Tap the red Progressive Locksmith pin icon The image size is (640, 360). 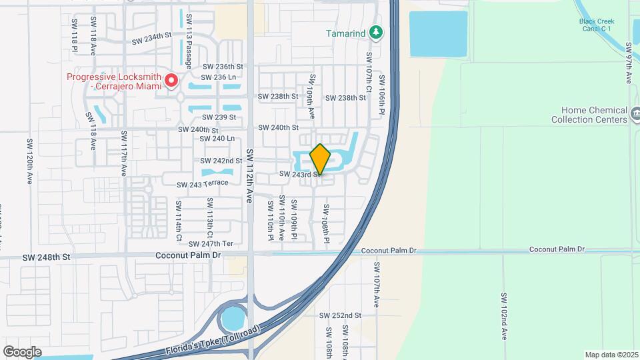(x=171, y=81)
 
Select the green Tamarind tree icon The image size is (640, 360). (x=377, y=32)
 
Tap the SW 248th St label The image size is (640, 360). (x=46, y=257)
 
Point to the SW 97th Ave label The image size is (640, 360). (x=629, y=64)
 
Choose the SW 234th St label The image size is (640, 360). (x=151, y=39)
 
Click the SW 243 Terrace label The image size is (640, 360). (x=203, y=184)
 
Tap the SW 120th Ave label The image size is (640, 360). (x=29, y=162)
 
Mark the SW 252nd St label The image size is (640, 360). (x=340, y=315)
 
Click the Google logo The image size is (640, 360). (x=23, y=351)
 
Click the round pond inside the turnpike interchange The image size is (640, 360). (x=234, y=318)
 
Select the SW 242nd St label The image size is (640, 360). (x=221, y=161)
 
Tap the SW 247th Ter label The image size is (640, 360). (x=211, y=243)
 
